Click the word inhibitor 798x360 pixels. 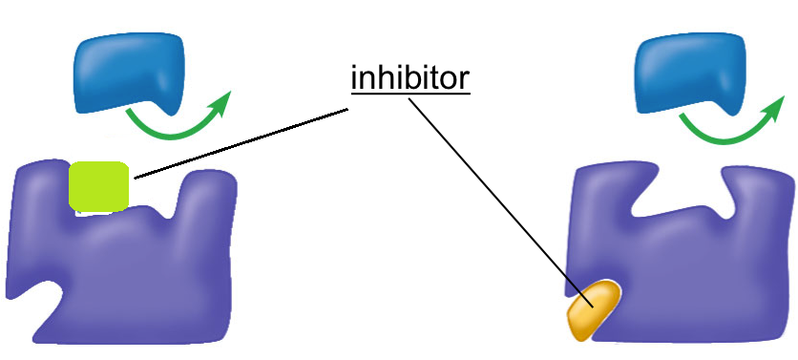(x=410, y=78)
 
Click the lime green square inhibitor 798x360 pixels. (x=98, y=186)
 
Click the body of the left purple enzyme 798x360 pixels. (x=134, y=267)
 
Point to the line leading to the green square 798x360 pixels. (x=239, y=143)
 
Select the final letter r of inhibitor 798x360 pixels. (x=464, y=80)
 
